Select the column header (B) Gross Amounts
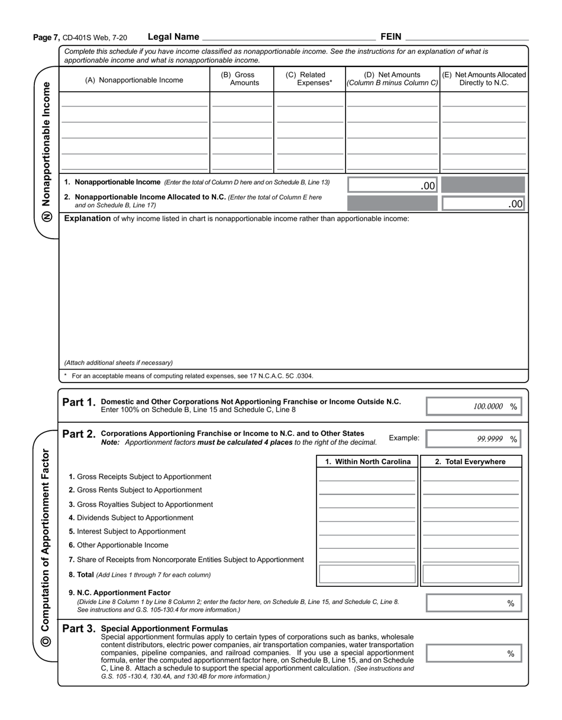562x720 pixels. [x=241, y=79]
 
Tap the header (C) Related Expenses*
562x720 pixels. [x=309, y=79]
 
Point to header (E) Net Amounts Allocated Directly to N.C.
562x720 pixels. [x=484, y=79]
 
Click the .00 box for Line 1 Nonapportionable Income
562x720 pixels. [x=392, y=185]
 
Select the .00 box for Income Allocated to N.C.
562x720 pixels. [x=483, y=204]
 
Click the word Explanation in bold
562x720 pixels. [x=88, y=218]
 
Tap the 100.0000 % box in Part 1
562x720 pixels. [x=474, y=406]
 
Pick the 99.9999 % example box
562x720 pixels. [x=474, y=439]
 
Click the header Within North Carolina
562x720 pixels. [x=368, y=462]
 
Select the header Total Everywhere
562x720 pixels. [x=471, y=462]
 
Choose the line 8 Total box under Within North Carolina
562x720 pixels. [x=367, y=574]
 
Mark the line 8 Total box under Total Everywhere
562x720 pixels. [x=471, y=574]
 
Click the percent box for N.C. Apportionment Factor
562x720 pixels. [x=474, y=603]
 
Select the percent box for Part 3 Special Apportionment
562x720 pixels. [x=474, y=654]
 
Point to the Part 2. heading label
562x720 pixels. [x=78, y=434]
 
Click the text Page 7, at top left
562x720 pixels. [x=47, y=37]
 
